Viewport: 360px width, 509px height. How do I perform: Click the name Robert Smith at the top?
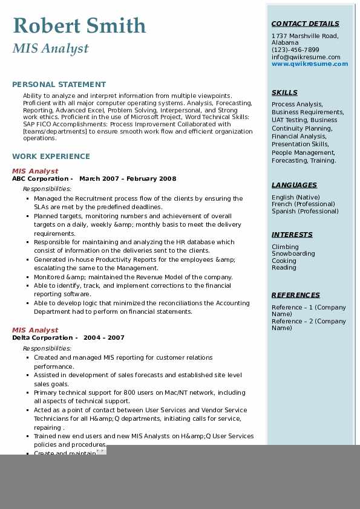79,25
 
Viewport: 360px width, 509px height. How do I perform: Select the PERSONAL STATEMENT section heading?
59,85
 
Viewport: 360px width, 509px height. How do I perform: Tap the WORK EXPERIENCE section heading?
51,156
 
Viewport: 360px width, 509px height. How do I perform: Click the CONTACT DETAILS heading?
305,24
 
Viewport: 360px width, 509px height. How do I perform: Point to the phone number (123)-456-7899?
295,50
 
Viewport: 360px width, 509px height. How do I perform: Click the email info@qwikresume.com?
306,57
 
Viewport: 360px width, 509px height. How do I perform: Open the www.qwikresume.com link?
310,64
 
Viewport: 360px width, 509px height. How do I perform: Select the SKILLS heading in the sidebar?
284,93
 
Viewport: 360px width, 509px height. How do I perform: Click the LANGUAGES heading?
294,186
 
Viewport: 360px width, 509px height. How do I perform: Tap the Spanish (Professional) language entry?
305,212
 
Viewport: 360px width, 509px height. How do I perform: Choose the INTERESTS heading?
292,235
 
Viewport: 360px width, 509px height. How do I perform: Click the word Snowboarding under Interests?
293,254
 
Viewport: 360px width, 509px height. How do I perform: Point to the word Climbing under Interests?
285,247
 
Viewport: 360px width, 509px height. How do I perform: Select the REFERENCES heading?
296,296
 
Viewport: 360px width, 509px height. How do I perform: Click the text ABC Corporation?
40,179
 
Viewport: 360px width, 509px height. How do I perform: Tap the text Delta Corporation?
42,338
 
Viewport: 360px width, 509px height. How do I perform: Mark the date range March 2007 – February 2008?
128,179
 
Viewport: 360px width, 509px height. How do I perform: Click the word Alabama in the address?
285,43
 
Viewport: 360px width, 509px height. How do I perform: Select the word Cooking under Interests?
284,261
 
